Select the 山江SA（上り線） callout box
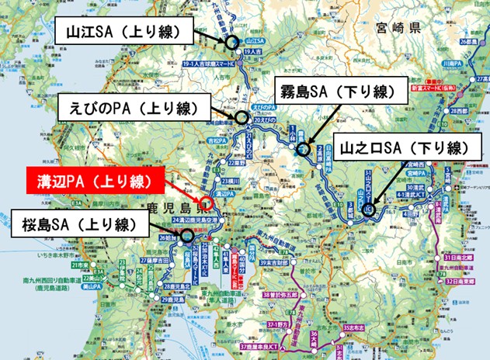[x=123, y=32]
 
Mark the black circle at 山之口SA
[x=367, y=208]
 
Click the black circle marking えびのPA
[x=242, y=120]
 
